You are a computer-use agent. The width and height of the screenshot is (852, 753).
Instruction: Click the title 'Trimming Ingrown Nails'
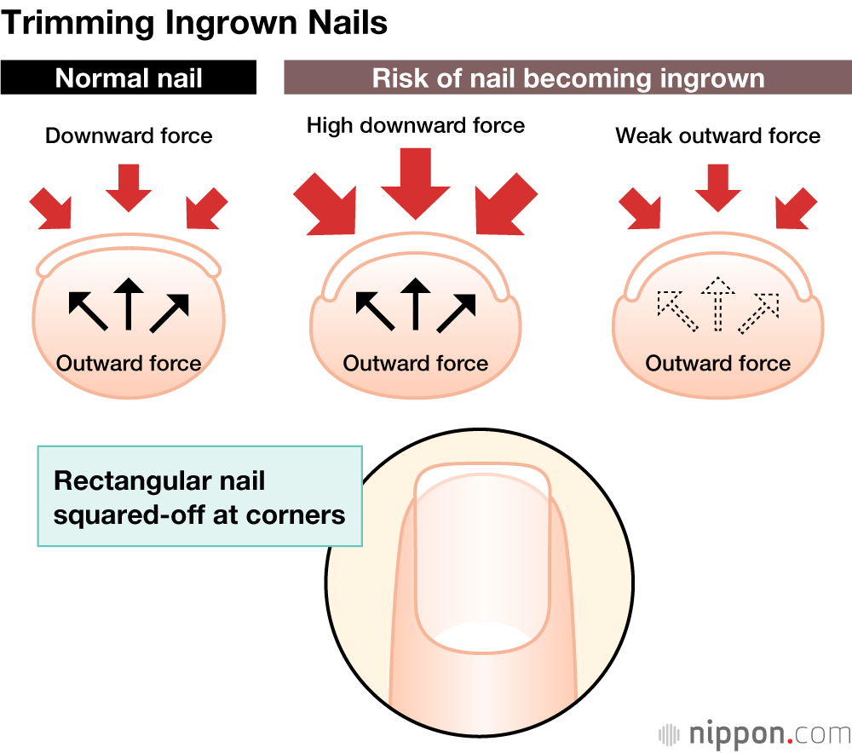pos(195,22)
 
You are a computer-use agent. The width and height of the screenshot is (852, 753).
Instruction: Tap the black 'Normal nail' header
pos(129,78)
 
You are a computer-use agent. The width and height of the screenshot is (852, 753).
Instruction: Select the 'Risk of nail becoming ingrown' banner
pos(567,78)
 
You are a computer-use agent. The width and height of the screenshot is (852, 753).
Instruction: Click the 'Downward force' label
pos(129,135)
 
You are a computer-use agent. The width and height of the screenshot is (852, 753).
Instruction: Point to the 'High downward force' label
pos(416,126)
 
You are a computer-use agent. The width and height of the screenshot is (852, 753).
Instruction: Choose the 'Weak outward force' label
pos(718,135)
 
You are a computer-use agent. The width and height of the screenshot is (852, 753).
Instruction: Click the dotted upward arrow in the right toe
pos(718,303)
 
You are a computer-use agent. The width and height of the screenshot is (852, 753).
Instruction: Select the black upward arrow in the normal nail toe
pos(129,303)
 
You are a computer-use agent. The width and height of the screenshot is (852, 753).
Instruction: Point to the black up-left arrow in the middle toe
pos(373,309)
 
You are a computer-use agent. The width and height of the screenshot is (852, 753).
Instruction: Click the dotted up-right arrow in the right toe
pos(759,312)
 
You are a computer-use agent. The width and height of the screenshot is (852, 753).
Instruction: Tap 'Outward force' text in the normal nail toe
pos(129,364)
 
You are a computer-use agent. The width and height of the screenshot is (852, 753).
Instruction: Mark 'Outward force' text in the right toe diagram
pos(718,364)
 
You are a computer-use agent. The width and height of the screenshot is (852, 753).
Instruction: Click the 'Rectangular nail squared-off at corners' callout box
pos(200,497)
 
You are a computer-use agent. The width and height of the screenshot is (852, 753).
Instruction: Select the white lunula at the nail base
pos(480,637)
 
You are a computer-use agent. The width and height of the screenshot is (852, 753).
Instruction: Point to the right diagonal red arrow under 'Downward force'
pos(205,209)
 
